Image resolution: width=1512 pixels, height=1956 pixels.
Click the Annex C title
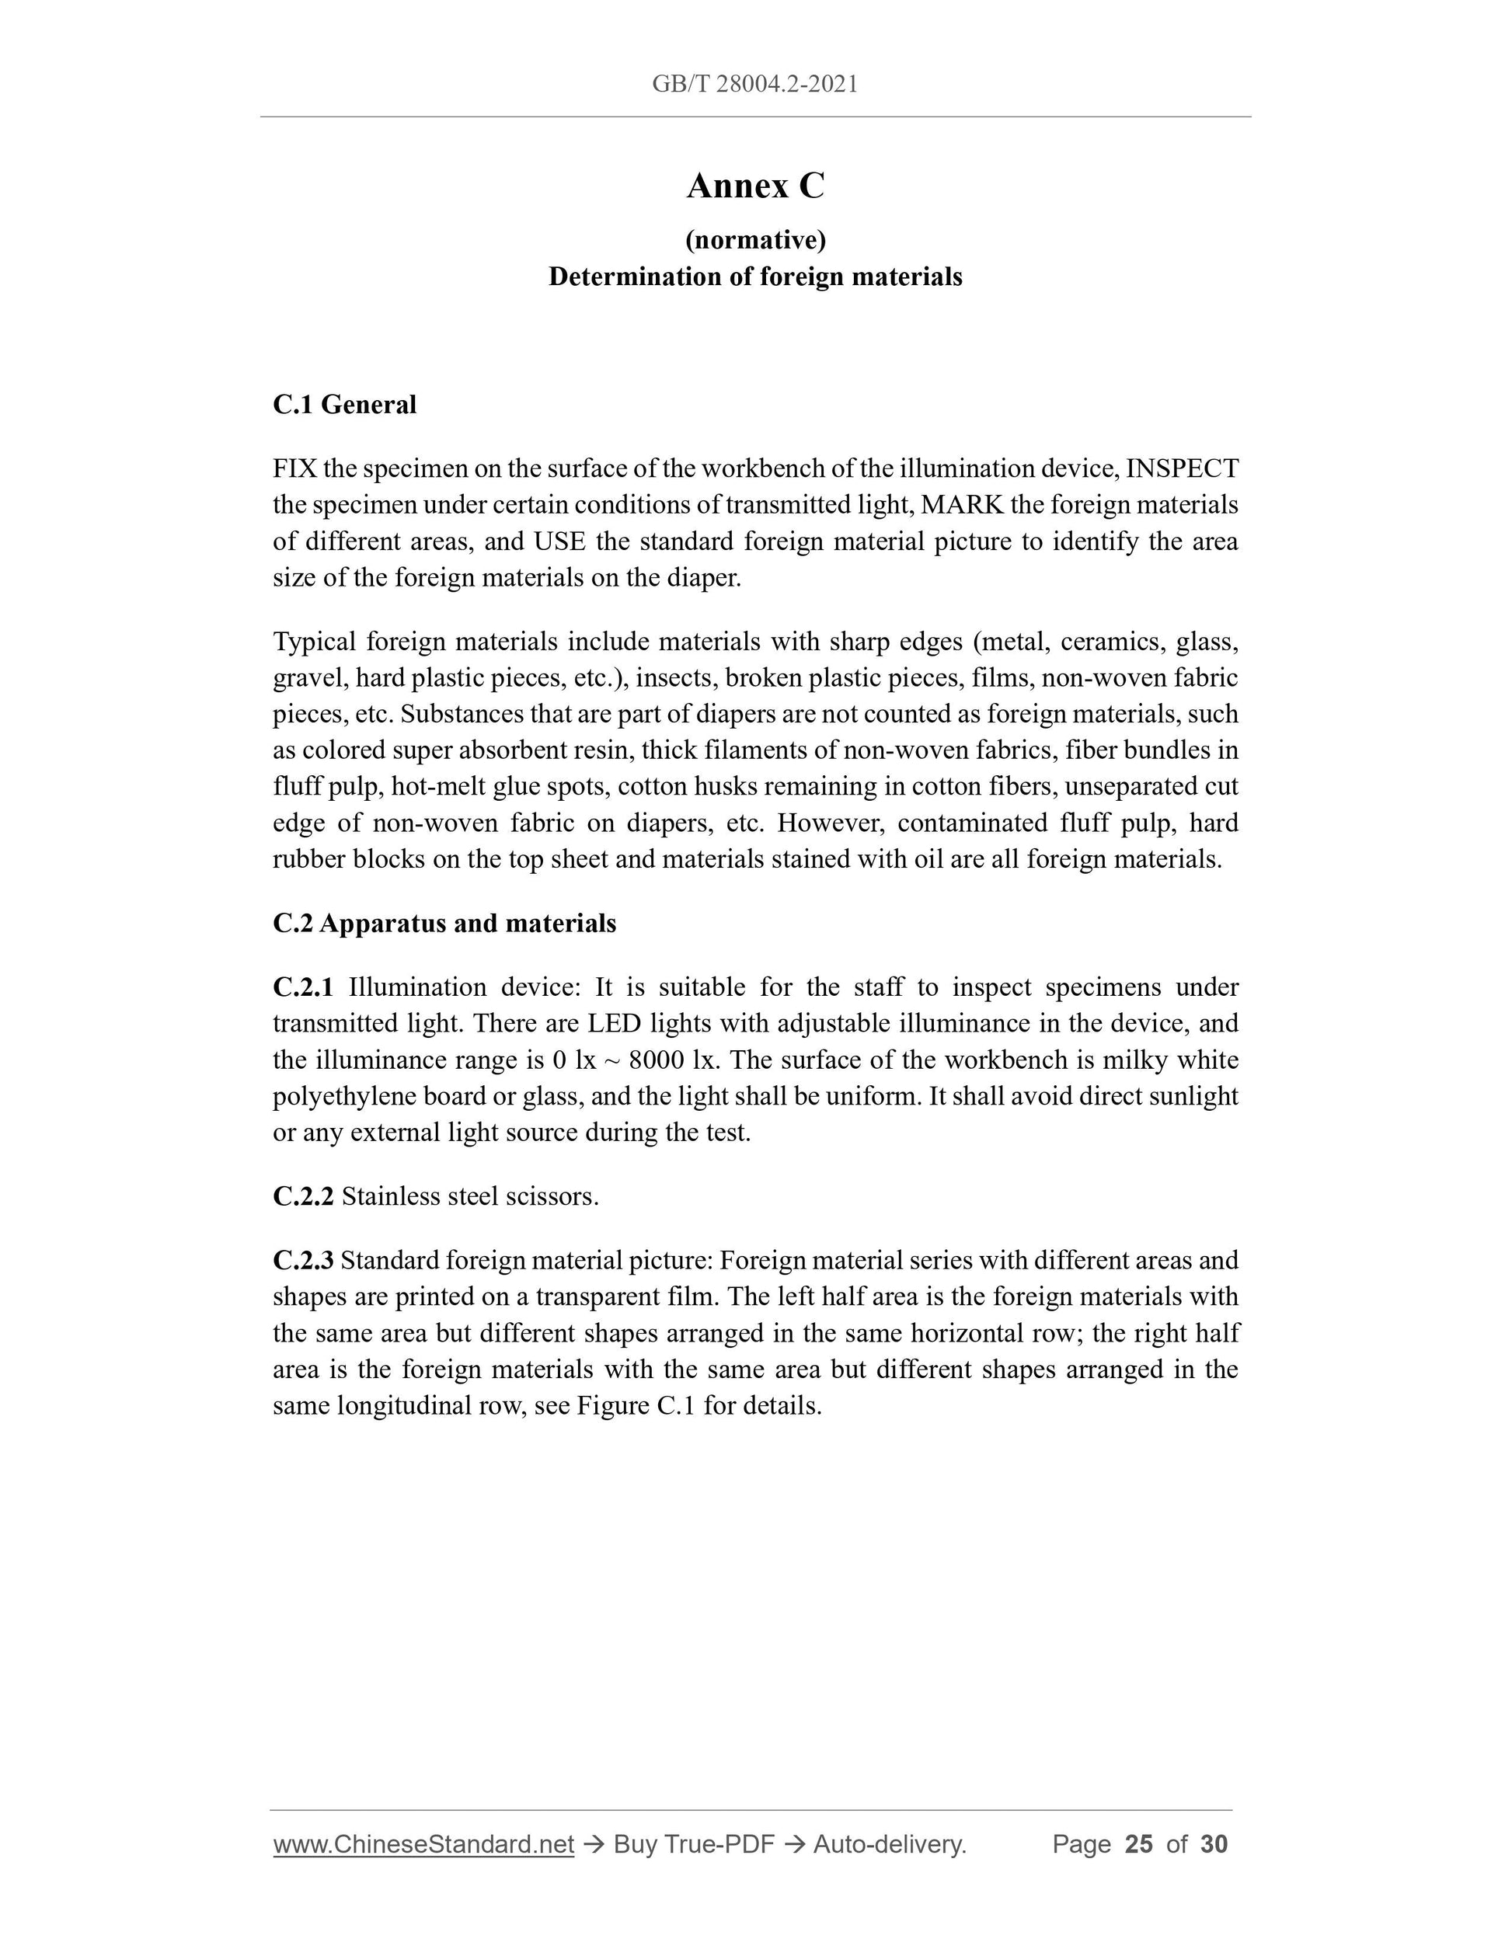755,186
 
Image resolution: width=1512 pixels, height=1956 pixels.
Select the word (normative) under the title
755,240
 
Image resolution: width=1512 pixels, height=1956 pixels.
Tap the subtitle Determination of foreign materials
755,277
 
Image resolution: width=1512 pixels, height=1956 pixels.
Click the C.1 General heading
344,405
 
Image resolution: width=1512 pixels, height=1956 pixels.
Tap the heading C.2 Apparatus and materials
444,924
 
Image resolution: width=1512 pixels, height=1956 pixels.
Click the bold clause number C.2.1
303,987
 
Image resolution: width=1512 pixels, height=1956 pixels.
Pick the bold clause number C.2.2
303,1196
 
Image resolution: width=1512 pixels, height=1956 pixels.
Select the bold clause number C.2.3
303,1260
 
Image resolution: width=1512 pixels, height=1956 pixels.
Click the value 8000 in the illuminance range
657,1060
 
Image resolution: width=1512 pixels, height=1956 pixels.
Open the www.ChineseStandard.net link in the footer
423,1844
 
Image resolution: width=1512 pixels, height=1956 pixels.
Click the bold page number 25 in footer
1138,1844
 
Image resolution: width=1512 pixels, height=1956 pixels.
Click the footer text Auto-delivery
890,1844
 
